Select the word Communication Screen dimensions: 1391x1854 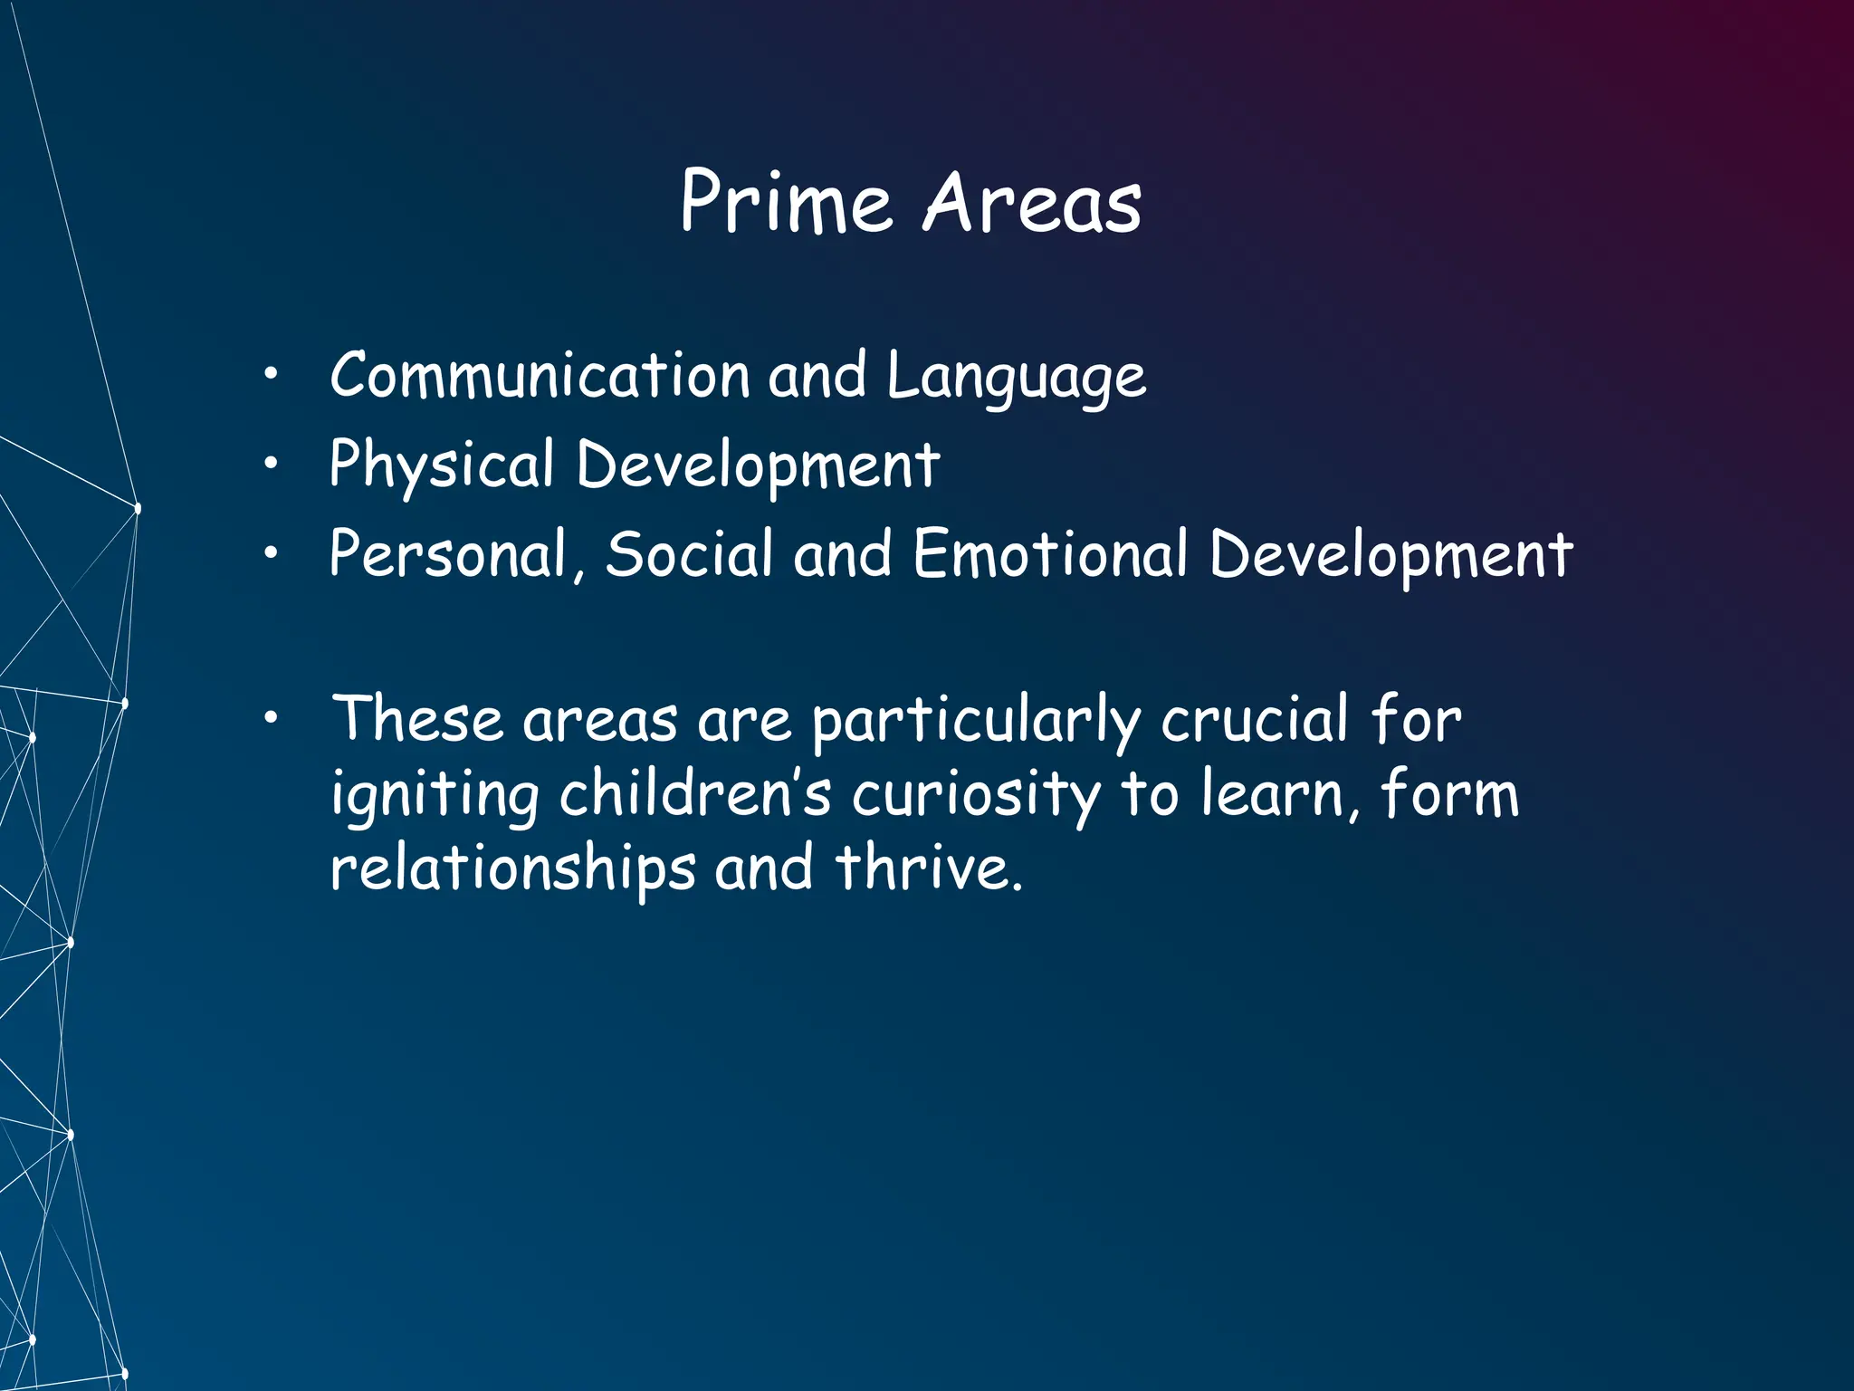540,375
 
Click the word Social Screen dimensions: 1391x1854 690,553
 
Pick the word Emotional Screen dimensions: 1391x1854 1050,553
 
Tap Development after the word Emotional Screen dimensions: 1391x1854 1391,554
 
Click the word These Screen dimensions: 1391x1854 417,719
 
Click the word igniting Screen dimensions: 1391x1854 435,795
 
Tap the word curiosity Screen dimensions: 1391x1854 977,795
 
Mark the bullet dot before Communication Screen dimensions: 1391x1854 270,374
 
